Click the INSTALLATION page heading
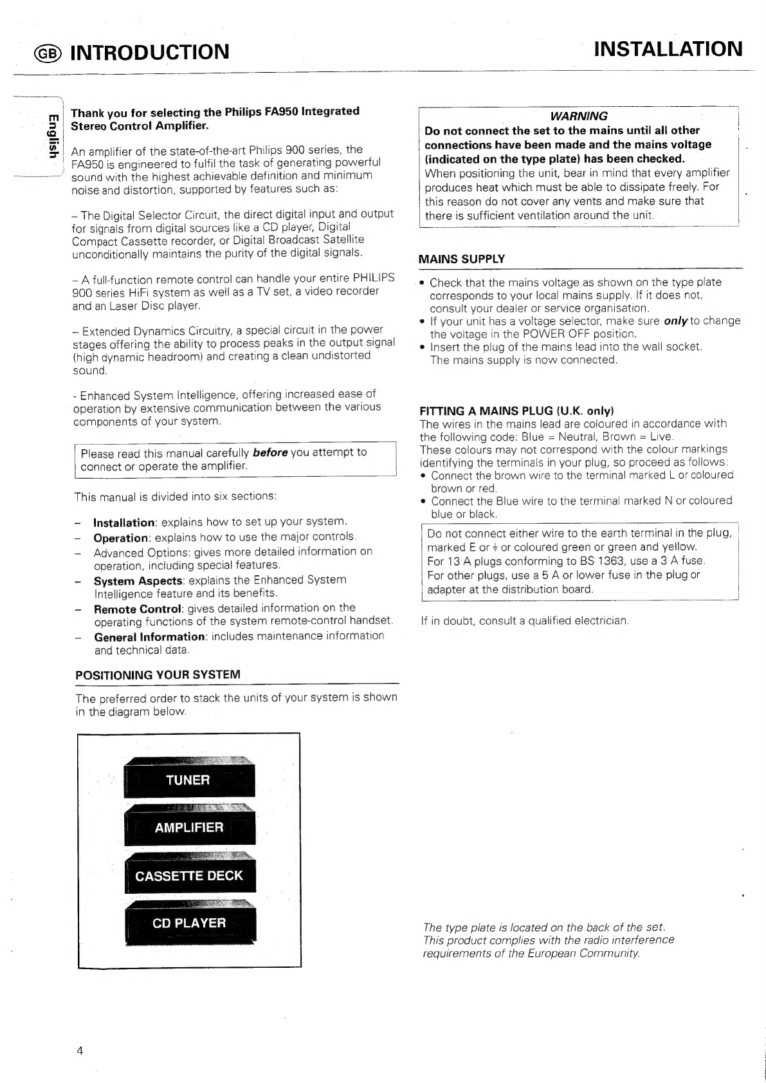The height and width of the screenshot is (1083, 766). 668,50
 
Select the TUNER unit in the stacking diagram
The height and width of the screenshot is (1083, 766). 188,780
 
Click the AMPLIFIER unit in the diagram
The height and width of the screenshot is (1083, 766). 189,828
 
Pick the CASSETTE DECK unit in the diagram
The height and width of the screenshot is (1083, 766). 189,876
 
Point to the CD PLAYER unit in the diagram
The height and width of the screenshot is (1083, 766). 189,923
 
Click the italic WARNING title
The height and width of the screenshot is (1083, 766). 579,116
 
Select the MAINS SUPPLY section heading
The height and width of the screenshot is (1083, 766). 462,259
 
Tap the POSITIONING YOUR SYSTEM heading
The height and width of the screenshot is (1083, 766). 158,675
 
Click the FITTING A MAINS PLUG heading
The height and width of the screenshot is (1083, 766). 517,411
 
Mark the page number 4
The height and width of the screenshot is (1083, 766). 80,1051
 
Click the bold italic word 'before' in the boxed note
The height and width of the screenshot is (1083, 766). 269,452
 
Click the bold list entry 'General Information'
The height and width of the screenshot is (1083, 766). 149,637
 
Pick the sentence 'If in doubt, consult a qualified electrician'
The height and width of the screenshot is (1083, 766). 524,622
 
